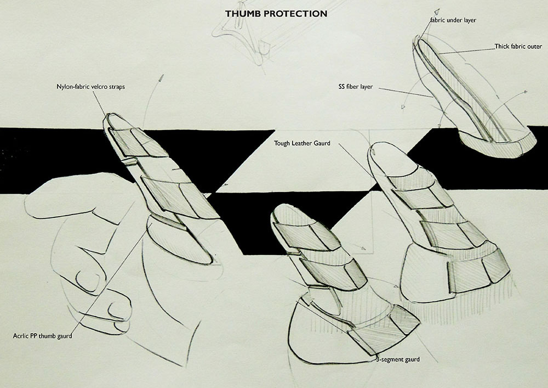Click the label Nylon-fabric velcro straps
[91, 87]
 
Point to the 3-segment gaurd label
[398, 359]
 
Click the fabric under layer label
[454, 20]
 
